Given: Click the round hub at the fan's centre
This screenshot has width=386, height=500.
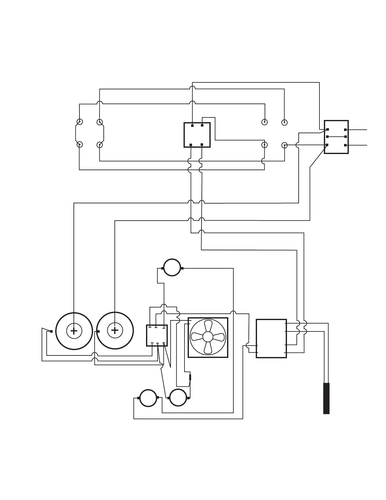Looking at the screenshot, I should pyautogui.click(x=208, y=337).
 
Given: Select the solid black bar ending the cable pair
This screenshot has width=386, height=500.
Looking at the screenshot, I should pyautogui.click(x=326, y=398).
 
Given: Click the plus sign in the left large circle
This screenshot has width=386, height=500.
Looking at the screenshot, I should pyautogui.click(x=74, y=331).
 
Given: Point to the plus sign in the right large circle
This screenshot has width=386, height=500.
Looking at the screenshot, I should pyautogui.click(x=115, y=331).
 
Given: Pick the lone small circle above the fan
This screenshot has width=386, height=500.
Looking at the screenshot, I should pyautogui.click(x=172, y=268).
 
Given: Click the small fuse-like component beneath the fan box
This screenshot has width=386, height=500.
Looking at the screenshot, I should pyautogui.click(x=190, y=377).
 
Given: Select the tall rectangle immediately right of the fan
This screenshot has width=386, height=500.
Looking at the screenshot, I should pyautogui.click(x=271, y=338).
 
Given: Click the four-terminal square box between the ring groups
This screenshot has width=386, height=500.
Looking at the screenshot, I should pyautogui.click(x=197, y=135).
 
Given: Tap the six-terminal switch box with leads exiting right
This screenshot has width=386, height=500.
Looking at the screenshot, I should pyautogui.click(x=336, y=137).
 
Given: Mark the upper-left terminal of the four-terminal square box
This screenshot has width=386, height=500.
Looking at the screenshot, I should pyautogui.click(x=192, y=126).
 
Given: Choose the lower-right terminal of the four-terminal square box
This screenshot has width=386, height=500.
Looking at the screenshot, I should pyautogui.click(x=202, y=145).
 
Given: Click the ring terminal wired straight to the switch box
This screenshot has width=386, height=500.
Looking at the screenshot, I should pyautogui.click(x=284, y=145).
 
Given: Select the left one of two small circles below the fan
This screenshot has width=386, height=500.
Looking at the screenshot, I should pyautogui.click(x=148, y=398).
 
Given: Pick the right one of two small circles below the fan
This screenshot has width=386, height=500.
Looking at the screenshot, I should pyautogui.click(x=178, y=398).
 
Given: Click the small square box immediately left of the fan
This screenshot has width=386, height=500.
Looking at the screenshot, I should pyautogui.click(x=157, y=336).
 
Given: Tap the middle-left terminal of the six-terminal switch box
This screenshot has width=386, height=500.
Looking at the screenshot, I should pyautogui.click(x=327, y=137).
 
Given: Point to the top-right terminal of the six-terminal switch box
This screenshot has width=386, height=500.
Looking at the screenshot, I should pyautogui.click(x=345, y=130).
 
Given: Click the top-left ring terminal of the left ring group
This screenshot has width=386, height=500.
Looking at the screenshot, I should pyautogui.click(x=80, y=122).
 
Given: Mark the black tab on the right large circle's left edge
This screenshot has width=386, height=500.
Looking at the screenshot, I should pyautogui.click(x=98, y=331).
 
